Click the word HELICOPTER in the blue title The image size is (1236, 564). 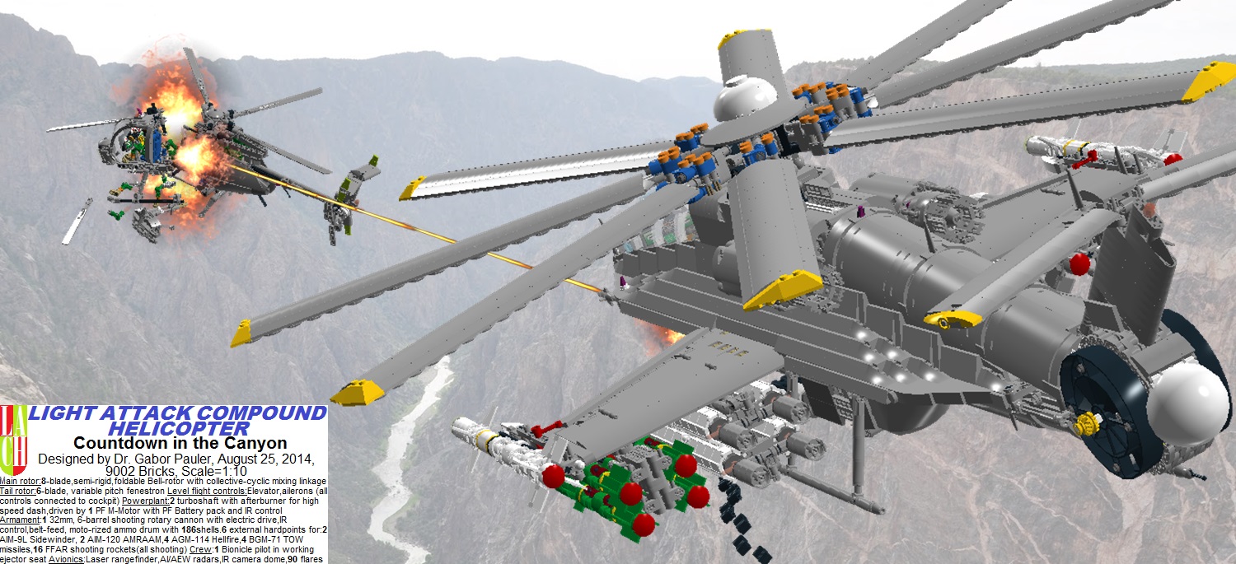click(x=180, y=428)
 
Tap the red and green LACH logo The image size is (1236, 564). click(x=14, y=440)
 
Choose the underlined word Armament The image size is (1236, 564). click(x=21, y=520)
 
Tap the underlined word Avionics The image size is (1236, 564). click(x=67, y=559)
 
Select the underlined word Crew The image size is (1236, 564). click(x=201, y=549)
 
